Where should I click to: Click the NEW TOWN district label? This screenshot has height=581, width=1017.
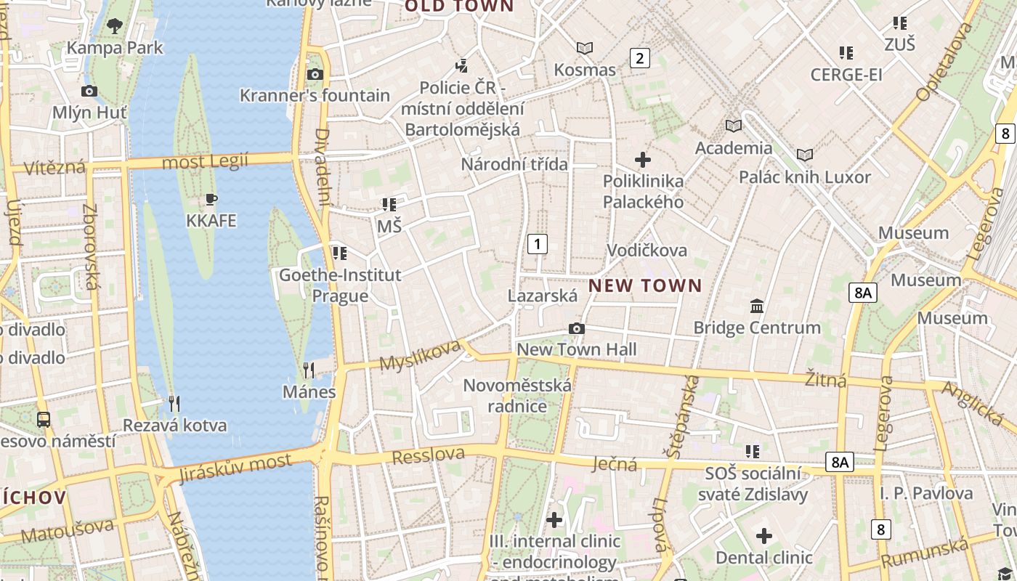(x=645, y=285)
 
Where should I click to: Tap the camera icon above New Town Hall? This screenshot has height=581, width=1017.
(x=577, y=329)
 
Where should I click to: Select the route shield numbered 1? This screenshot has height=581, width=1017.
(x=537, y=243)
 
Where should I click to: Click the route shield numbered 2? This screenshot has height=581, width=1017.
(x=639, y=58)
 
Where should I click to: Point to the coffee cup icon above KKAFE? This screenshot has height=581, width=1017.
(x=211, y=199)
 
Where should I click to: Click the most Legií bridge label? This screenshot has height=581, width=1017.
(x=205, y=161)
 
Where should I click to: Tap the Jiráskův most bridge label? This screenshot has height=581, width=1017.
(x=235, y=467)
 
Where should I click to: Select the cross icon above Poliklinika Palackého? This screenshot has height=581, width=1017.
(x=643, y=160)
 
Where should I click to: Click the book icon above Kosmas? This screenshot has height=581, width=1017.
(x=585, y=49)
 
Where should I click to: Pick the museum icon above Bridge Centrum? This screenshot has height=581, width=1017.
(x=757, y=306)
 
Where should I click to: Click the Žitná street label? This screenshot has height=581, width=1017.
(x=826, y=378)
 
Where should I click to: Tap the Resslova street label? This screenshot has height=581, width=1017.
(x=428, y=455)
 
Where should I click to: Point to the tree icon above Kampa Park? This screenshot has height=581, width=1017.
(x=115, y=27)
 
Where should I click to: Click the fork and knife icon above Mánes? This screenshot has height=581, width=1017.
(x=309, y=370)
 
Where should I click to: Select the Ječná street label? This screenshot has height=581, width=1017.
(x=615, y=463)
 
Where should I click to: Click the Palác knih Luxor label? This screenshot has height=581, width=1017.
(x=804, y=177)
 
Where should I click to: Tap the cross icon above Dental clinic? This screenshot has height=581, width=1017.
(x=763, y=536)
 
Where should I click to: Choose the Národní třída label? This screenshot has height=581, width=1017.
(x=514, y=164)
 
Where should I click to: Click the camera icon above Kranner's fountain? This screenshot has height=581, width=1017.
(x=315, y=74)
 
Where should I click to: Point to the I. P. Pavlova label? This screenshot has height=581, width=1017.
(x=926, y=494)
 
